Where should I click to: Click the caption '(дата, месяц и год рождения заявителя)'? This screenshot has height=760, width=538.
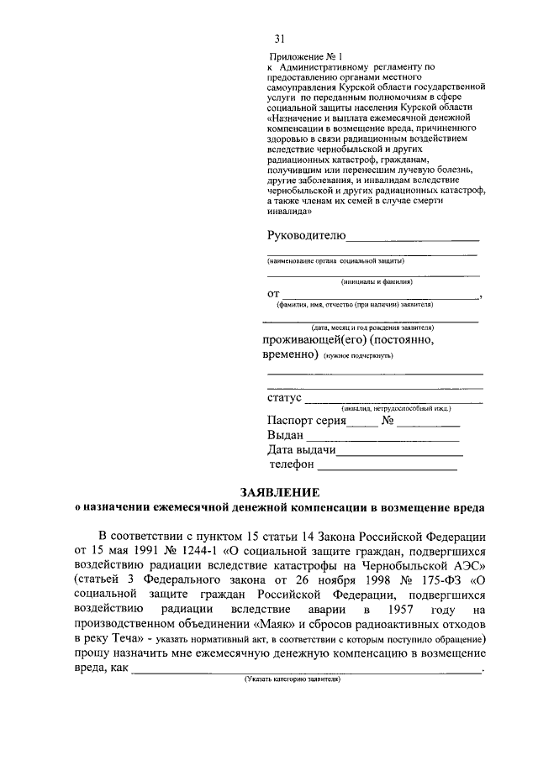[372, 327]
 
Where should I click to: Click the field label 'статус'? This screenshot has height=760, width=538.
[284, 397]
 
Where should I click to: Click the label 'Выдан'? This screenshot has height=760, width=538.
[285, 436]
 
